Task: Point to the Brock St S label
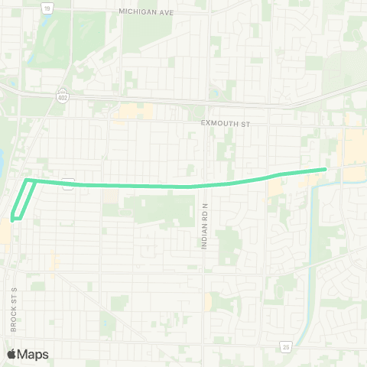click(14, 309)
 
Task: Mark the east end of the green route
click(325, 169)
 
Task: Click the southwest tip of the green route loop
click(12, 219)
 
